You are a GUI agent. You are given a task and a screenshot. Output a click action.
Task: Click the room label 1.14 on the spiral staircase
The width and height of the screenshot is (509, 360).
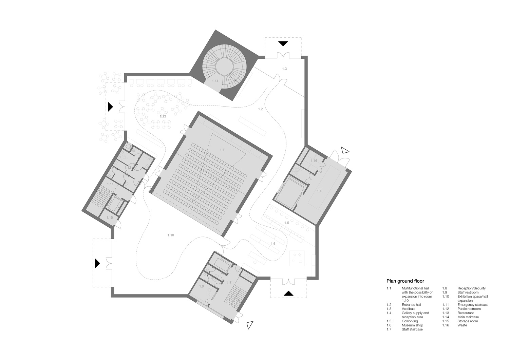click(x=215, y=81)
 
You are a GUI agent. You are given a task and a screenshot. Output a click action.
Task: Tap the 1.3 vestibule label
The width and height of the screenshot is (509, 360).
click(x=284, y=69)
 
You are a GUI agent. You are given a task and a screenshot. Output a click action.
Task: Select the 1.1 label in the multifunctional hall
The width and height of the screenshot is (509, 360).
click(x=222, y=150)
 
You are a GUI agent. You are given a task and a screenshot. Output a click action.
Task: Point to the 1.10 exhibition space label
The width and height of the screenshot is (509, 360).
click(x=171, y=235)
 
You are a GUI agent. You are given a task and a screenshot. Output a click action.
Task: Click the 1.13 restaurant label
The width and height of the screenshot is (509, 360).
click(x=163, y=116)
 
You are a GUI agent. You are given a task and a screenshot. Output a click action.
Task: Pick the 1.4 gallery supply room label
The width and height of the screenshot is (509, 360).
click(x=319, y=191)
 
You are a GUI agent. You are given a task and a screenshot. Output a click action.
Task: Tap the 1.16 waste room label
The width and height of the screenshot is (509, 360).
click(x=314, y=161)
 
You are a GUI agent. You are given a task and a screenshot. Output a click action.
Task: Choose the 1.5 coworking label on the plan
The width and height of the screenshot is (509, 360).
click(x=287, y=223)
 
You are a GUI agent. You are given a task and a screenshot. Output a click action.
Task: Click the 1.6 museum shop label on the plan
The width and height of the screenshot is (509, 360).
click(x=273, y=244)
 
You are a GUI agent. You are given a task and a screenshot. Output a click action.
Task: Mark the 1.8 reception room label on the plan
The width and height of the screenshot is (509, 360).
click(x=201, y=286)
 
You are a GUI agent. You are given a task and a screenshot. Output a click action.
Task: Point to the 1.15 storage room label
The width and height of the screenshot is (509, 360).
click(x=110, y=217)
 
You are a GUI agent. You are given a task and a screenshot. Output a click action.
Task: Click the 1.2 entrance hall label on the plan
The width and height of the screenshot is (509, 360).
click(x=260, y=109)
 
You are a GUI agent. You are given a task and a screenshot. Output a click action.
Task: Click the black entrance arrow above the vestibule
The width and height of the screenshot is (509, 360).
click(x=283, y=43)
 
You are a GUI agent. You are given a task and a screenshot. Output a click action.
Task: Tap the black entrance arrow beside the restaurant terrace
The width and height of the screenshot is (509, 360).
click(x=110, y=107)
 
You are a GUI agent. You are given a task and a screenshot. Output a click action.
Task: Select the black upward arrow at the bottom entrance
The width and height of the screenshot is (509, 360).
click(x=288, y=293)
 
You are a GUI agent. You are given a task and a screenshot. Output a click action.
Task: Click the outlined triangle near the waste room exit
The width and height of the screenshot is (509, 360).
click(x=345, y=150)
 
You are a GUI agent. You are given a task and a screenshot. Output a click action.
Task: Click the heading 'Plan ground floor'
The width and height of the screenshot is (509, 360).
click(x=406, y=281)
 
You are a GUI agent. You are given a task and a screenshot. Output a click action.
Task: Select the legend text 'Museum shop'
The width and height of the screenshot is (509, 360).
click(x=412, y=325)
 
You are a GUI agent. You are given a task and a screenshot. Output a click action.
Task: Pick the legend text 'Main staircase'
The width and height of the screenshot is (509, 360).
click(x=468, y=317)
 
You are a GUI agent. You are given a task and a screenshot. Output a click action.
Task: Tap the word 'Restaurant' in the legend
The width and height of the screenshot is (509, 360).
click(x=466, y=313)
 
